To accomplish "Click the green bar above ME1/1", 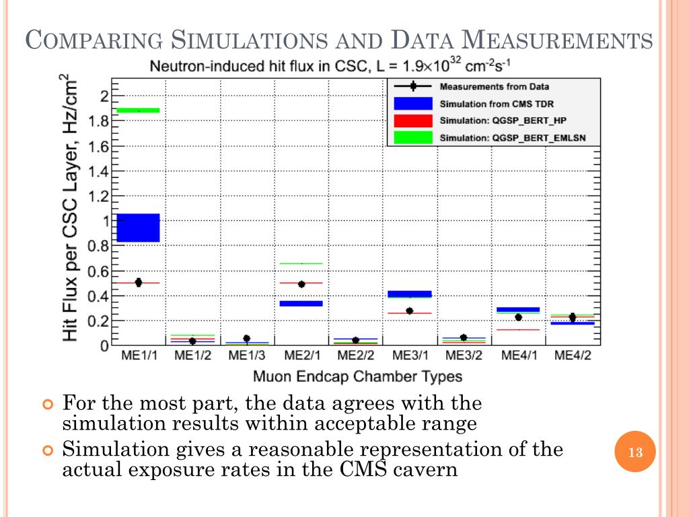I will [x=138, y=110].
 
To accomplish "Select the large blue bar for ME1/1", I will [x=138, y=228].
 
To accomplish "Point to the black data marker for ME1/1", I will [x=138, y=283].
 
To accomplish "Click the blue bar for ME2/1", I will [x=301, y=304].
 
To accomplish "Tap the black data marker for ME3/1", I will [x=409, y=311].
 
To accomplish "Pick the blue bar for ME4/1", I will [x=518, y=310].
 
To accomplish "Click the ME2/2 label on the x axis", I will [x=355, y=355].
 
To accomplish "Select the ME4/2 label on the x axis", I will [x=573, y=355].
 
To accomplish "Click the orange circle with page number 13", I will [x=634, y=452].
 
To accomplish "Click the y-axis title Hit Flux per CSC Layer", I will [x=70, y=210].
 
